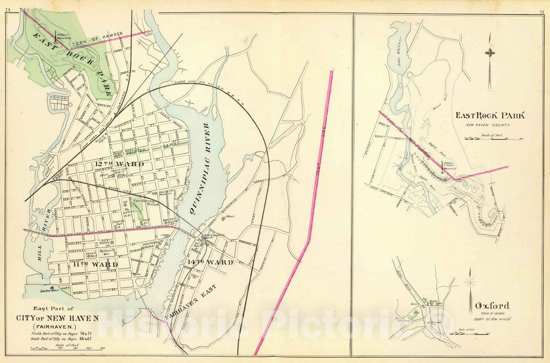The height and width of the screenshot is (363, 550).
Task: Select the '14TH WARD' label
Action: click(211, 262)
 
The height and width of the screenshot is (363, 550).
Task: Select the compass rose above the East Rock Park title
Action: click(489, 53)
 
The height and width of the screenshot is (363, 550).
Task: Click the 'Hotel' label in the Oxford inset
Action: click(414, 304)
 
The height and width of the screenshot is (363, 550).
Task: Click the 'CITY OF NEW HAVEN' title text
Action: click(57, 318)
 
